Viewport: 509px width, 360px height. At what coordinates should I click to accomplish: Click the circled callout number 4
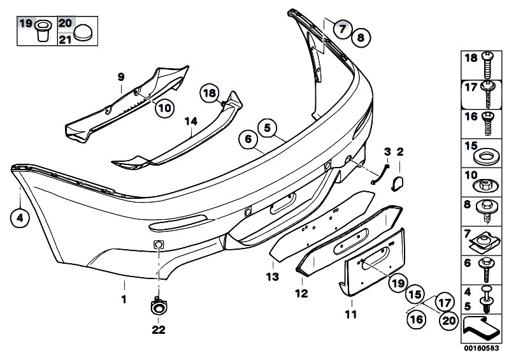coord(20,218)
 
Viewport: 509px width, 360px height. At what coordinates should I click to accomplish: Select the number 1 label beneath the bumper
coord(124,299)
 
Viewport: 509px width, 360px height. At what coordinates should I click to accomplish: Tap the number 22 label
coord(159,329)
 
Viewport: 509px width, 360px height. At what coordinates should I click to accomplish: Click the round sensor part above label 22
coord(159,306)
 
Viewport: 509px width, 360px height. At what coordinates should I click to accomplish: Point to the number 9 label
coord(121,77)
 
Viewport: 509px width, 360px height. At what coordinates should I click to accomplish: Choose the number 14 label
coord(191,122)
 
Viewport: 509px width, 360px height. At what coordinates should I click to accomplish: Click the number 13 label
coord(273,277)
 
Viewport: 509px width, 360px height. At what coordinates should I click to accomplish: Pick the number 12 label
coord(301,294)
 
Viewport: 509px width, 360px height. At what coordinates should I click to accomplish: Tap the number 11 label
coord(351,314)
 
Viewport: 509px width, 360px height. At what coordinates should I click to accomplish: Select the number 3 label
coord(387,152)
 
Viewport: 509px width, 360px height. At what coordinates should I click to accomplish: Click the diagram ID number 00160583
coord(481,348)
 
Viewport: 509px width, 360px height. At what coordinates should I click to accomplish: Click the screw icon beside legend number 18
coord(487,65)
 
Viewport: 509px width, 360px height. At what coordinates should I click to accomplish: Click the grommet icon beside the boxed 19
coord(42,31)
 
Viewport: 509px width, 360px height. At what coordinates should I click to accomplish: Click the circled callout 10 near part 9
coord(164,108)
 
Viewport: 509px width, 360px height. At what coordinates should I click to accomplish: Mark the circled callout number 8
coord(361,38)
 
